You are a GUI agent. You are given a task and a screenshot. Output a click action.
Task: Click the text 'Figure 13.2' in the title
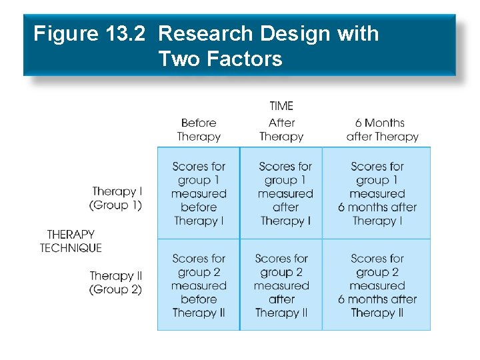(89, 34)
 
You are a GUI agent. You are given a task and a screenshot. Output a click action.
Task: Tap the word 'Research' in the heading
(207, 34)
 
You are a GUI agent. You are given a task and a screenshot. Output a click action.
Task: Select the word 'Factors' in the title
(244, 59)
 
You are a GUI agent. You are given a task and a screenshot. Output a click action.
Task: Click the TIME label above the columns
(281, 106)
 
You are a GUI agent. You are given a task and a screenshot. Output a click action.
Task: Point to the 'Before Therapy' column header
(199, 129)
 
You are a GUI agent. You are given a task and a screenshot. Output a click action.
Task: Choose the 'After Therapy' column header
(281, 129)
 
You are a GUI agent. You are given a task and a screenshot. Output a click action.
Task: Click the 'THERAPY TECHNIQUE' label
(71, 241)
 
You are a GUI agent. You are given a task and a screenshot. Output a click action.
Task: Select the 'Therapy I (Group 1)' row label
(116, 199)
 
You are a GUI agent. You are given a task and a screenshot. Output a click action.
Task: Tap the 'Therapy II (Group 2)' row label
(116, 283)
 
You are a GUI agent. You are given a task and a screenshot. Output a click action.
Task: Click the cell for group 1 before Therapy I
(199, 193)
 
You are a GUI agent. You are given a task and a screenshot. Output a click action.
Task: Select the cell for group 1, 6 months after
(377, 193)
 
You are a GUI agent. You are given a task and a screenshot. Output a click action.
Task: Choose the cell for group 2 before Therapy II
(199, 285)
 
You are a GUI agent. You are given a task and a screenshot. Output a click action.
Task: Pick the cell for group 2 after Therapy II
(281, 285)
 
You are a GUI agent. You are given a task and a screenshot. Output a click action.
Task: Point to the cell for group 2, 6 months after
(377, 285)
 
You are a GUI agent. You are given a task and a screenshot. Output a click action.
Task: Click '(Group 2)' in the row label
(116, 290)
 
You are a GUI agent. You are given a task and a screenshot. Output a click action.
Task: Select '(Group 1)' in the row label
(116, 205)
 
